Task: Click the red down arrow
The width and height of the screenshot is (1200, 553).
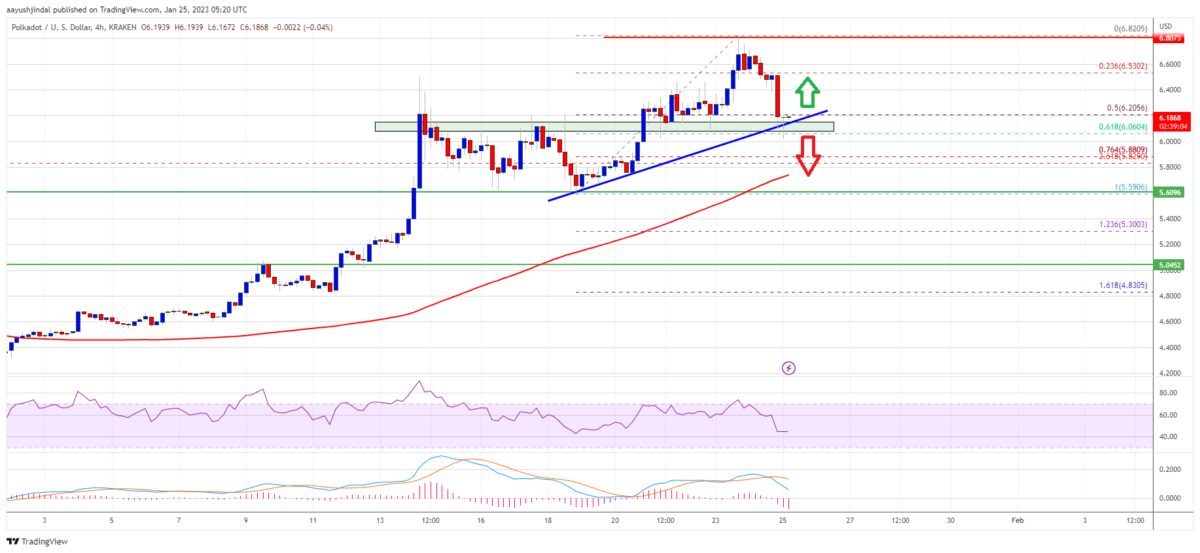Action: point(808,155)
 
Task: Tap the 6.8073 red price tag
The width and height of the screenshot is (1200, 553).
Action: point(1170,38)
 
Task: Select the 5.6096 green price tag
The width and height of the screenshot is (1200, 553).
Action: point(1170,192)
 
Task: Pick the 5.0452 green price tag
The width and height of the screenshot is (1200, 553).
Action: point(1170,265)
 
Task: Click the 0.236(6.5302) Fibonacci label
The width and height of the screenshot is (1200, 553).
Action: point(1122,66)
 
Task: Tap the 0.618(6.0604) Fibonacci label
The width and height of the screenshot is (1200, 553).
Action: point(1122,127)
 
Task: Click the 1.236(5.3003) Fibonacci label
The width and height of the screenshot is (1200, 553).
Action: point(1122,224)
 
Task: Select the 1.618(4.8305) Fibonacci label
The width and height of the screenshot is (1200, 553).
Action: point(1122,285)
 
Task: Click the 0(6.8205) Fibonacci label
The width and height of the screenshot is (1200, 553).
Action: point(1130,29)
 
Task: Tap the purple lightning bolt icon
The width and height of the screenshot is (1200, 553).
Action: point(788,368)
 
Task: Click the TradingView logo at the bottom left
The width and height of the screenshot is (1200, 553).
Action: point(37,541)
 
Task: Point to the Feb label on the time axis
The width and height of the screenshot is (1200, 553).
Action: point(1017,520)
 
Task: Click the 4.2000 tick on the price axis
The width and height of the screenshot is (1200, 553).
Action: point(1169,373)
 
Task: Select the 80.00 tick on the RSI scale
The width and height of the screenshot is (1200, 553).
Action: point(1168,393)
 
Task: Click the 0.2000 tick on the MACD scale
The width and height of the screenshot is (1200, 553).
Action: point(1169,469)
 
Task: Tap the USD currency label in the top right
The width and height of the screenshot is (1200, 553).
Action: point(1165,26)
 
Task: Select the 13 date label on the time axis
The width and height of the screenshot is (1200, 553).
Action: point(380,520)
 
